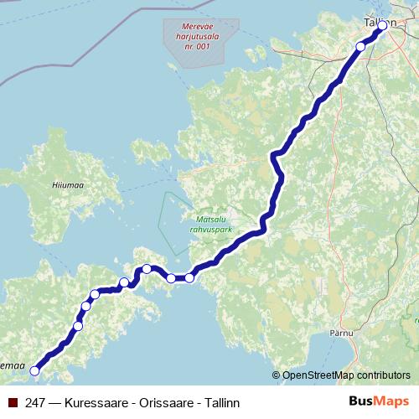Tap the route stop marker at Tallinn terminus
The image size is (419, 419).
click(383, 26)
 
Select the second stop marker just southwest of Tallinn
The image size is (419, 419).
click(361, 46)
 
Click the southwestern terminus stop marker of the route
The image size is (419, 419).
click(35, 370)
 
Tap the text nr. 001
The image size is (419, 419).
click(194, 45)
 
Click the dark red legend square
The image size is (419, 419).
click(13, 402)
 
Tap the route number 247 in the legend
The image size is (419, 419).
click(35, 402)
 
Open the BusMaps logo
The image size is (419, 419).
click(378, 401)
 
